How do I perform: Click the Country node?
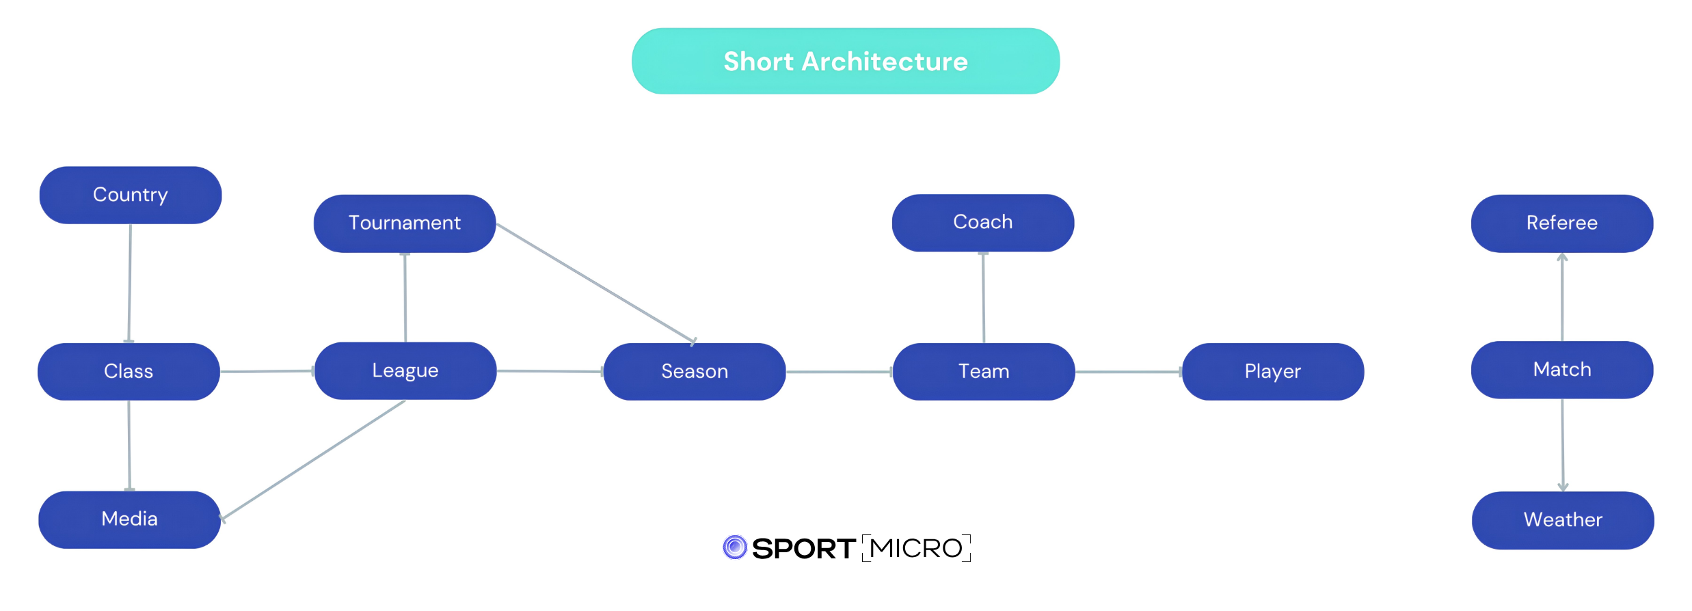click(x=131, y=195)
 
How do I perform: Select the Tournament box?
click(x=405, y=223)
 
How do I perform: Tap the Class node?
click(x=129, y=372)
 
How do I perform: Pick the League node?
click(x=405, y=371)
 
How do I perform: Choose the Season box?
click(x=695, y=372)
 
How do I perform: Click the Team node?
click(x=984, y=372)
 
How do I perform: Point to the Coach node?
click(x=983, y=223)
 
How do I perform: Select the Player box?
click(x=1273, y=372)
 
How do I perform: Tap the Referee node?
click(x=1562, y=223)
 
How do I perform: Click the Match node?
click(x=1562, y=370)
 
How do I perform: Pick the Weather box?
click(x=1563, y=520)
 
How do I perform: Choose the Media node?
click(x=129, y=519)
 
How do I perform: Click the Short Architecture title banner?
click(x=846, y=62)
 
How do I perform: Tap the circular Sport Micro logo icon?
click(x=735, y=547)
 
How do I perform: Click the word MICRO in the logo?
click(x=916, y=548)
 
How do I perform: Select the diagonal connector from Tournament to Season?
click(x=596, y=283)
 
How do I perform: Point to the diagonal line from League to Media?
click(x=312, y=461)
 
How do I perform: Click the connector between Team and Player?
click(x=1129, y=372)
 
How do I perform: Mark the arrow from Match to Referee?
click(x=1562, y=297)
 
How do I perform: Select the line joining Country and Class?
click(x=130, y=284)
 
